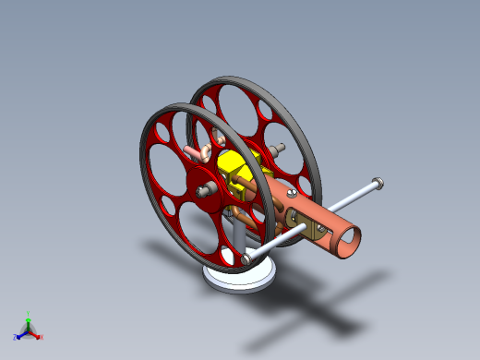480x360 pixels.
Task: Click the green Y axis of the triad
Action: tap(28, 318)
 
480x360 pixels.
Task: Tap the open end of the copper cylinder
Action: tap(348, 243)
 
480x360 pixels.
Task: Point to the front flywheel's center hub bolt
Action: tap(204, 190)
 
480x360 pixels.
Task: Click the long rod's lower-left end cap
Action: tap(247, 260)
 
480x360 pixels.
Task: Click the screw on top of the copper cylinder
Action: tap(293, 193)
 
